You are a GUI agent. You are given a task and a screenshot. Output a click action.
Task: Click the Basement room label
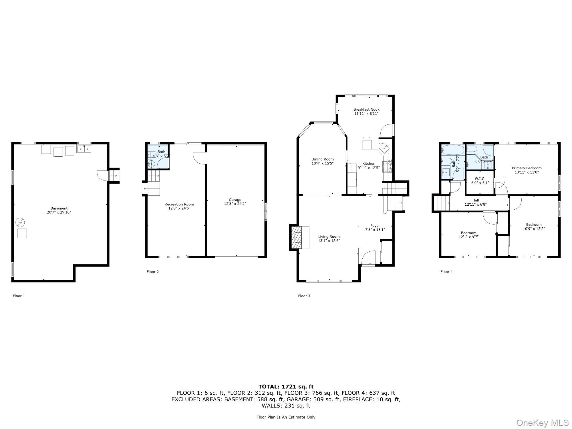tap(59, 208)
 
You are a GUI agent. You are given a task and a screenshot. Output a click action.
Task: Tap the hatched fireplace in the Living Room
tap(298, 237)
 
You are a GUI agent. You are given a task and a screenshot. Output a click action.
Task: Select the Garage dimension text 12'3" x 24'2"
tap(235, 204)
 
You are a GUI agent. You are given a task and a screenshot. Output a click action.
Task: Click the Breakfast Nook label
tap(366, 110)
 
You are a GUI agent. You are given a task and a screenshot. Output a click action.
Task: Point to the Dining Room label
tap(322, 159)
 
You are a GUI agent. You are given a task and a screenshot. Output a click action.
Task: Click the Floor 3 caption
tap(304, 296)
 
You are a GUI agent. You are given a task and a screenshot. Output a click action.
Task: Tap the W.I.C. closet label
tap(480, 179)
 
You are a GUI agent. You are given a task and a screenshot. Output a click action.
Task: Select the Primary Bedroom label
tap(527, 168)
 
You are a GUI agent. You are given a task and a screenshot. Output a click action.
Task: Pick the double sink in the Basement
tap(84, 149)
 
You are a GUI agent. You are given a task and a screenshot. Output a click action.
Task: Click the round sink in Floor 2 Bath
tap(151, 164)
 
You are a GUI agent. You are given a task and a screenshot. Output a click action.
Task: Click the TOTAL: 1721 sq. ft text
tap(286, 387)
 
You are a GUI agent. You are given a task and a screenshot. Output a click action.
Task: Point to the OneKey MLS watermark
tap(542, 422)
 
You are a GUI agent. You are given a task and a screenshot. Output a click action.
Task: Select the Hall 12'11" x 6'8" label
tap(476, 202)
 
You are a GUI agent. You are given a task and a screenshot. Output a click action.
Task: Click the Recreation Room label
tap(179, 204)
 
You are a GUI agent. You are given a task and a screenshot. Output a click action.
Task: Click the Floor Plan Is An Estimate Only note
tap(286, 417)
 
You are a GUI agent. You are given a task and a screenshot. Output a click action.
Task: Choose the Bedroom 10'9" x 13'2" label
tap(534, 227)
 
